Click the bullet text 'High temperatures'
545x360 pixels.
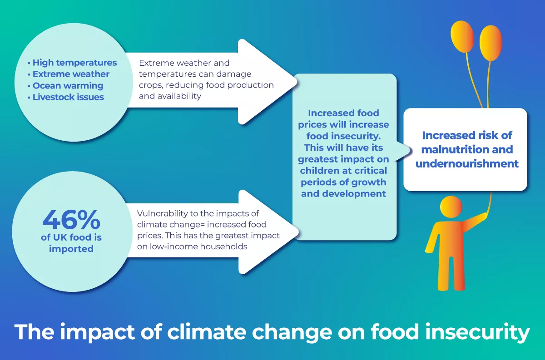(x=74, y=63)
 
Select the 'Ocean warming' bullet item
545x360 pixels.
(x=68, y=86)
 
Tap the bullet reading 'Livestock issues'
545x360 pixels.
(x=68, y=97)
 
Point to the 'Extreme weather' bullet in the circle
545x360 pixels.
(x=71, y=74)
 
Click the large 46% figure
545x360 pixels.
(x=71, y=220)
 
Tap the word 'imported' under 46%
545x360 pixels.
(x=71, y=249)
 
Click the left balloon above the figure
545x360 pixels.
(x=462, y=36)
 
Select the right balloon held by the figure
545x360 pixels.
(x=491, y=43)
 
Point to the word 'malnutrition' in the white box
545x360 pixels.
(x=455, y=149)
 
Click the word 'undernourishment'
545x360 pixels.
(x=467, y=163)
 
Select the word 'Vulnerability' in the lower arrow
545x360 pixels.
(x=162, y=214)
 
